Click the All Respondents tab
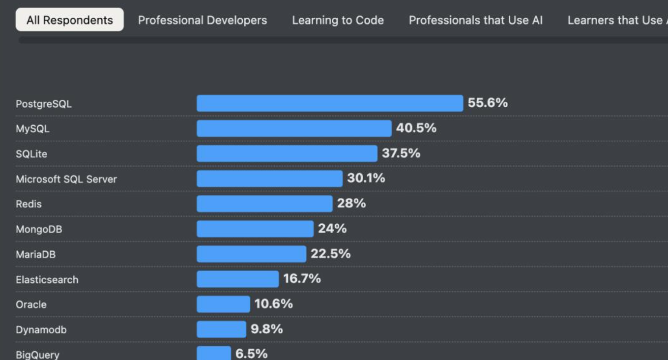point(70,20)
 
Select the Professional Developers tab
point(203,20)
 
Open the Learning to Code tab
point(338,20)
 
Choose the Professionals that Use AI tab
point(475,20)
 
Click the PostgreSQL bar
point(330,103)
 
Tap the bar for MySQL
point(294,128)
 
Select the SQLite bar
point(287,153)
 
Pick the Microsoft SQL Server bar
point(269,179)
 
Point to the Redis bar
point(264,204)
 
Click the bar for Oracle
point(223,304)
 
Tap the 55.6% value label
point(488,103)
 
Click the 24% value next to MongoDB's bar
point(332,228)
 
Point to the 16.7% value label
point(302,279)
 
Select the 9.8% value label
point(266,329)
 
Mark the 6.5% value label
point(252,354)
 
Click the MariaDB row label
point(34,254)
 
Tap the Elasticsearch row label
point(47,279)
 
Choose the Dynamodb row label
point(41,330)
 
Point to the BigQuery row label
point(37,355)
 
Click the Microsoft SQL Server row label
point(66,179)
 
